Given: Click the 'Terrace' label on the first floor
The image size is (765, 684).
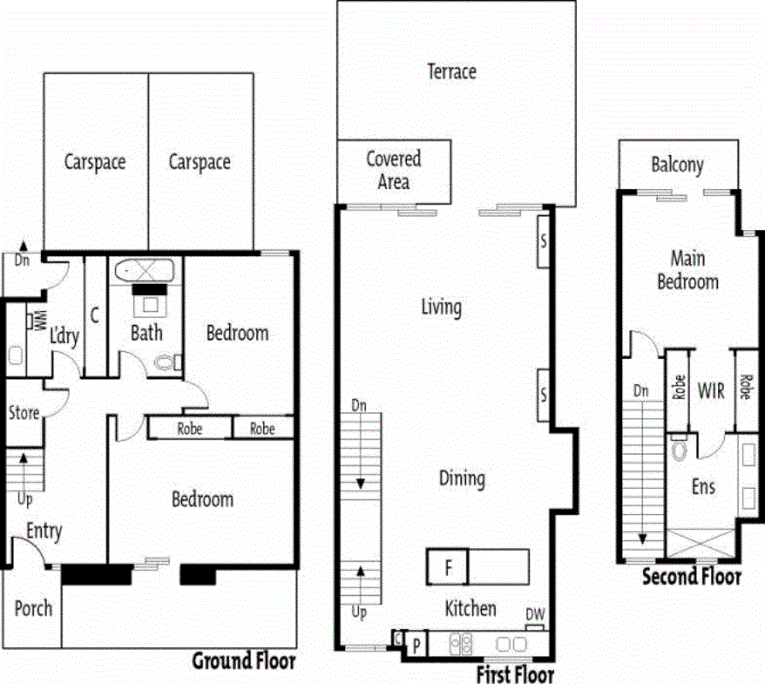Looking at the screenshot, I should (451, 72).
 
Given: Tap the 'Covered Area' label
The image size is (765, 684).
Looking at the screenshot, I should (394, 169).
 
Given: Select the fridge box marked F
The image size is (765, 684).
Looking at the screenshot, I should (447, 566).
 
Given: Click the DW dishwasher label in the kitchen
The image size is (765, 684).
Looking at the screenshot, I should (536, 615).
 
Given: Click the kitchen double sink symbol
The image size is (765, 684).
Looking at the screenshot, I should (460, 643).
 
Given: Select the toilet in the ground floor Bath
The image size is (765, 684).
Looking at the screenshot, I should (164, 363).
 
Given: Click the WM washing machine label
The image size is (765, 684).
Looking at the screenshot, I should (38, 320).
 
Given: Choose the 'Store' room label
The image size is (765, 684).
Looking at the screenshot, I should (24, 413).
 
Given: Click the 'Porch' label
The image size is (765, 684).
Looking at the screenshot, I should (33, 609).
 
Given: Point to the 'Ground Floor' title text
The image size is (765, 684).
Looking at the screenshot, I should (244, 660).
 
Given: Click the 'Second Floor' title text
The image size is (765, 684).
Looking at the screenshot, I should (691, 577).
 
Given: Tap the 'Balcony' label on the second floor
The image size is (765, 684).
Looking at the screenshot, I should (677, 165).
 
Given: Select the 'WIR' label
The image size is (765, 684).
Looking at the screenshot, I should (711, 391).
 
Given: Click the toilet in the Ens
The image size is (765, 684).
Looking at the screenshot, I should (680, 450).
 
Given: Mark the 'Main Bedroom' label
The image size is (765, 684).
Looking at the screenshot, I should (687, 269).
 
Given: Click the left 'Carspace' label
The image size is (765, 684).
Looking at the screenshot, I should (95, 162).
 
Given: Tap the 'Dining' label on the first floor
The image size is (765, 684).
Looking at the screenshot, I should (462, 479).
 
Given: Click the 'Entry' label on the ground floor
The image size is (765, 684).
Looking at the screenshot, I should (44, 531).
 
